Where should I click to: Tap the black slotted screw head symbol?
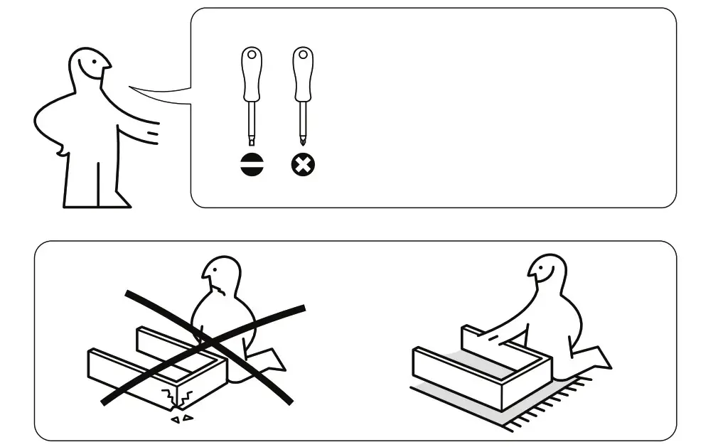click(252, 166)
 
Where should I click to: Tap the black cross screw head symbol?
click(304, 166)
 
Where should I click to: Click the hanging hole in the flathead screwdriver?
click(252, 55)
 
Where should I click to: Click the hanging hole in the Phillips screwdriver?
click(304, 55)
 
